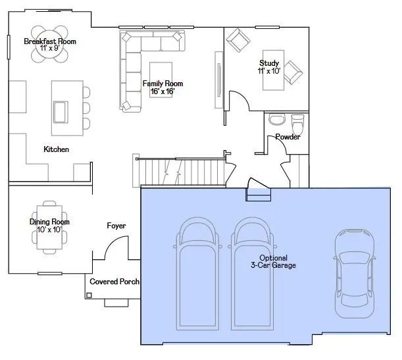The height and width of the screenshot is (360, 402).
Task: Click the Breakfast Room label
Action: (50, 41)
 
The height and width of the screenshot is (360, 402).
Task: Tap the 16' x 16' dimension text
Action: (163, 91)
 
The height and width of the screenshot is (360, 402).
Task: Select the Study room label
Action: (269, 63)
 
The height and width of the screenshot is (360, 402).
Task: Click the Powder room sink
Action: (277, 120)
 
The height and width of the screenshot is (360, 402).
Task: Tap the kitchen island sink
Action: (61, 112)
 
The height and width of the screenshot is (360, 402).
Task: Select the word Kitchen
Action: (56, 149)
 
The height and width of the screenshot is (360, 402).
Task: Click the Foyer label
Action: (116, 226)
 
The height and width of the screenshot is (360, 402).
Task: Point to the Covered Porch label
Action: (114, 282)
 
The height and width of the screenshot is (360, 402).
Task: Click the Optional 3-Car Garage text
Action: (273, 261)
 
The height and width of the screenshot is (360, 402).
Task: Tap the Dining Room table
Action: (49, 227)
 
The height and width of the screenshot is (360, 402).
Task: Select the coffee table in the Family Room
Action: (161, 80)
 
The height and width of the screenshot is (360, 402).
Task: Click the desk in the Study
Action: (273, 70)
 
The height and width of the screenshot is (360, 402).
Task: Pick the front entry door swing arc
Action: (113, 241)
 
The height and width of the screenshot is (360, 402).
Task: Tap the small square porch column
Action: (89, 296)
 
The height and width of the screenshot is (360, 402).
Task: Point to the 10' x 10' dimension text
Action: (49, 230)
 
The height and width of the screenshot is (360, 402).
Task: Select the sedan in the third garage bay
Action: (355, 273)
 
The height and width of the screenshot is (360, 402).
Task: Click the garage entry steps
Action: (258, 195)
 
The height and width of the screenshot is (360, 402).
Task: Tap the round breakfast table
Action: (49, 44)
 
